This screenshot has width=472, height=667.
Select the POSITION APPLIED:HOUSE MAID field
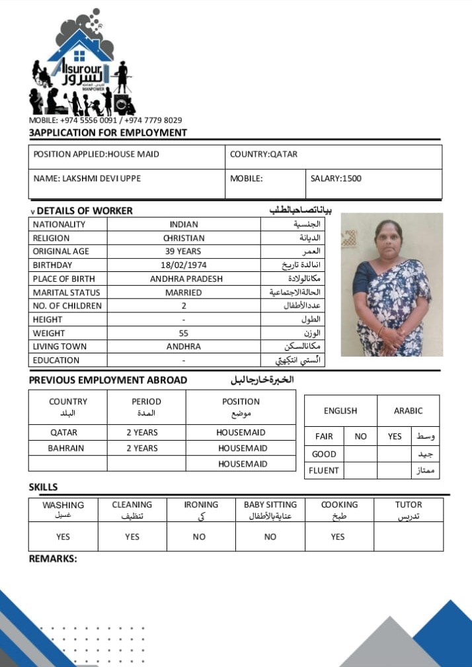click(97, 154)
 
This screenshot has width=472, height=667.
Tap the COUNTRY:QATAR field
click(264, 154)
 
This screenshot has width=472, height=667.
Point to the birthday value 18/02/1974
click(183, 265)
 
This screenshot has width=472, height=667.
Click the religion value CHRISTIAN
click(183, 238)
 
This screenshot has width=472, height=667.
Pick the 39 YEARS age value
click(183, 251)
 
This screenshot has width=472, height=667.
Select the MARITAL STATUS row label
click(66, 292)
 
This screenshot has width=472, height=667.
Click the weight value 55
click(183, 333)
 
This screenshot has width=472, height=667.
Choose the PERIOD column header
click(146, 406)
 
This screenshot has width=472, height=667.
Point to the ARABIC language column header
click(408, 411)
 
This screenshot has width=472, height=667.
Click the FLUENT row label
click(324, 470)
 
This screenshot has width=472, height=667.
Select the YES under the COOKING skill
click(338, 537)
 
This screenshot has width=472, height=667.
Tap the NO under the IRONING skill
click(199, 537)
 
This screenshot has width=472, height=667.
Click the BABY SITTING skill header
click(270, 510)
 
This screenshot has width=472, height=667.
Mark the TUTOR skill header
click(408, 510)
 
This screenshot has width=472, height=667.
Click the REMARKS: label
click(53, 559)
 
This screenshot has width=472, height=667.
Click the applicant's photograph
click(391, 285)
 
